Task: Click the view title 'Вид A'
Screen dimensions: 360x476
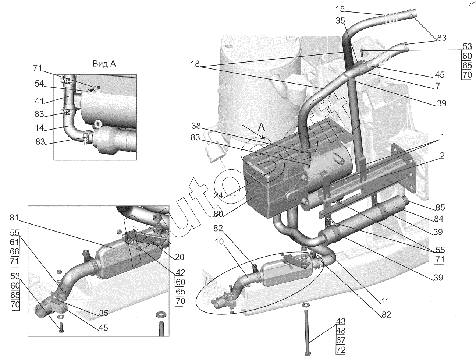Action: pos(104,64)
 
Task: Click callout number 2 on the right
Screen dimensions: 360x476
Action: pos(442,156)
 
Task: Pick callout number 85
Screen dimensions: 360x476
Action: pos(440,207)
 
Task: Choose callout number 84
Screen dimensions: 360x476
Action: pos(438,219)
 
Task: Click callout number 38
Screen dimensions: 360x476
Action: pos(196,125)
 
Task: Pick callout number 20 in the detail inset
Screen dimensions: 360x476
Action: pos(180,257)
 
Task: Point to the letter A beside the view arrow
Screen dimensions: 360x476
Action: pos(261,127)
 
